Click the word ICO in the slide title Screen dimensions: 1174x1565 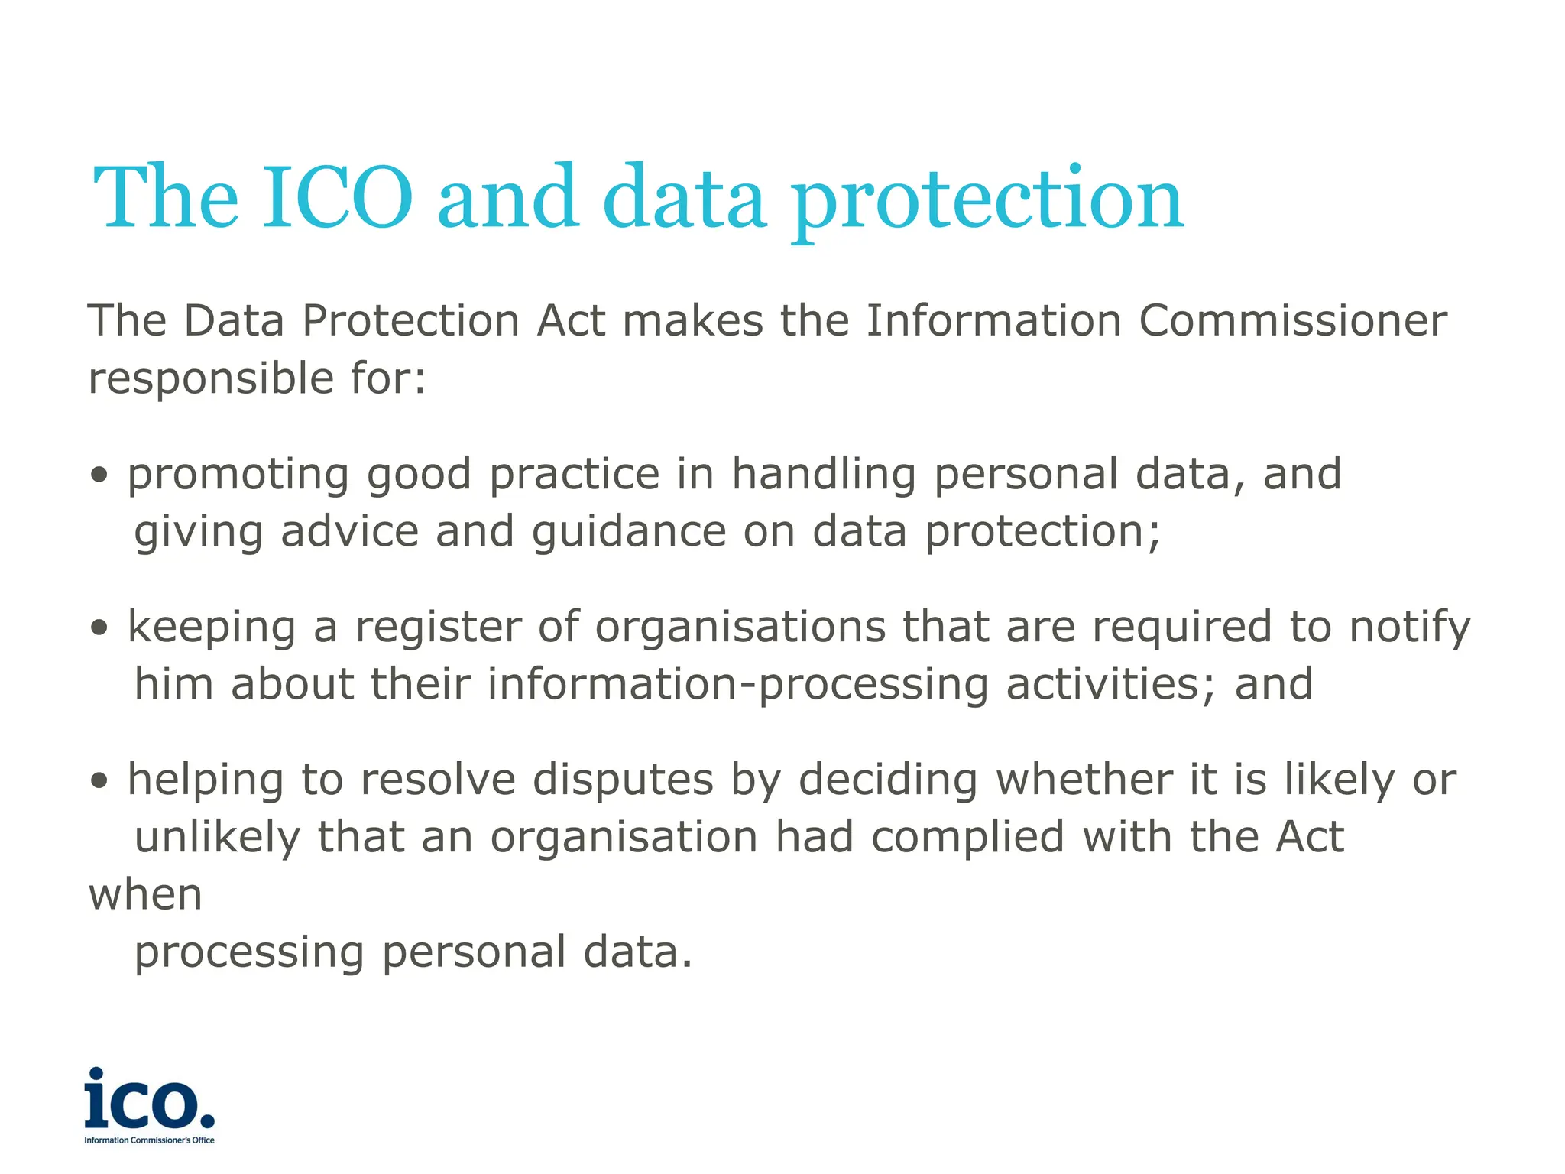point(337,198)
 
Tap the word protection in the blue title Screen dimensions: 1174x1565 point(987,200)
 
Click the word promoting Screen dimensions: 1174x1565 point(238,475)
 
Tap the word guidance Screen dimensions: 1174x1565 point(628,533)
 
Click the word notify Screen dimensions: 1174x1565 point(1409,628)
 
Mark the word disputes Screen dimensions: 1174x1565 point(623,780)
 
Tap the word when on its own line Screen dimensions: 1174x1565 point(145,895)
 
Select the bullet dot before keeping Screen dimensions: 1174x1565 point(99,628)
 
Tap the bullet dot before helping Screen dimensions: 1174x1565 point(99,781)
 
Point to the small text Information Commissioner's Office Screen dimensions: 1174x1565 point(149,1140)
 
